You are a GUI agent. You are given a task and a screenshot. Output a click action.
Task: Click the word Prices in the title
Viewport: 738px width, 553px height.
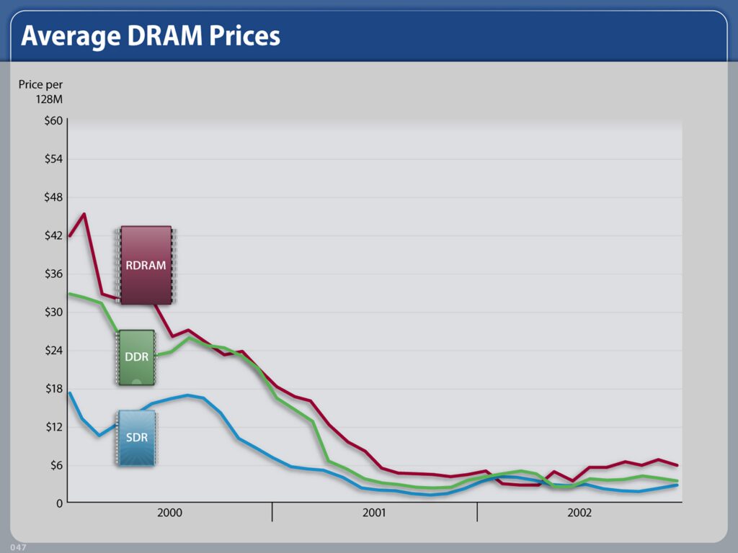(x=245, y=35)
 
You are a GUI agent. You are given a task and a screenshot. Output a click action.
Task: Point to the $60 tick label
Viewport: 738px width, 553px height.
(x=53, y=121)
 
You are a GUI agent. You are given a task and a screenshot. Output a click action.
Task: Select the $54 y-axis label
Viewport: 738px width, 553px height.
(x=53, y=159)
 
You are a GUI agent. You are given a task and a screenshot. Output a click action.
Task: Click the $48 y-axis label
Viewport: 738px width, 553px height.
(x=53, y=197)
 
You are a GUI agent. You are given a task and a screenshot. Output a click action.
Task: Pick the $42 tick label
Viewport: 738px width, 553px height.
(x=53, y=235)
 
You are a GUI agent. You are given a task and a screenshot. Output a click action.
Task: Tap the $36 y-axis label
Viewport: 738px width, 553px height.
(x=53, y=274)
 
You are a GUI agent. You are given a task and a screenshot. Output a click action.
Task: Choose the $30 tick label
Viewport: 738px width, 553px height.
(x=53, y=312)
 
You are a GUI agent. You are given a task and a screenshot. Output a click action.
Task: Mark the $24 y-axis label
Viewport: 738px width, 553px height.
(x=53, y=351)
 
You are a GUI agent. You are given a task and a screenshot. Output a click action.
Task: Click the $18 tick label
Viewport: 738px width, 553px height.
(x=53, y=389)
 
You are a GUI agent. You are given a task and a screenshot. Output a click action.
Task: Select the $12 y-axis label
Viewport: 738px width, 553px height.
(x=53, y=427)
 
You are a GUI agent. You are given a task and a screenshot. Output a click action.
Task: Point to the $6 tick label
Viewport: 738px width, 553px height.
(x=56, y=465)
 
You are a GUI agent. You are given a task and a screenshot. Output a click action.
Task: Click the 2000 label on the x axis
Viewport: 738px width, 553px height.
(x=169, y=513)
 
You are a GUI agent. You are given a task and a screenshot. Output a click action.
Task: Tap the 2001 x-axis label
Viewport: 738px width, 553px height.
(x=374, y=513)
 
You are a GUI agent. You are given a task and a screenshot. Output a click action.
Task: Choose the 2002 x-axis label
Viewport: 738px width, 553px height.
(x=579, y=513)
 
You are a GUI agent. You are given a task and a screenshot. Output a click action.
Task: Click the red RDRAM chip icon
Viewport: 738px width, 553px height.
(x=146, y=265)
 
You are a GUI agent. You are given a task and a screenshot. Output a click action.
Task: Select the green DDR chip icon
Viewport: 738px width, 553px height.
(x=136, y=357)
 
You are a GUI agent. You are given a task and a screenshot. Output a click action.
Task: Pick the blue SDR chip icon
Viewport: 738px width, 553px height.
(x=136, y=438)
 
